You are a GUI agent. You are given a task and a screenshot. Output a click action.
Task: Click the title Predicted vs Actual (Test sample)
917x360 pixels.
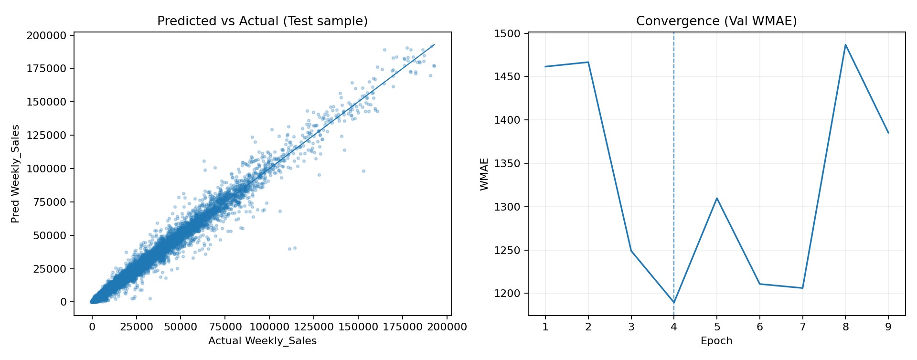click(262, 21)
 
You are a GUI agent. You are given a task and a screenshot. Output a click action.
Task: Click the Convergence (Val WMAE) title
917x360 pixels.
click(716, 21)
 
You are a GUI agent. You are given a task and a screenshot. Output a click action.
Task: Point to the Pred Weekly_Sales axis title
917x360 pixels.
click(16, 174)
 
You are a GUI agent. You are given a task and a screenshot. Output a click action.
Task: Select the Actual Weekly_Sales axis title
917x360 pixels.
click(262, 341)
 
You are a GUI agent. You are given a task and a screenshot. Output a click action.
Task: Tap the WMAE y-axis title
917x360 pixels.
click(484, 174)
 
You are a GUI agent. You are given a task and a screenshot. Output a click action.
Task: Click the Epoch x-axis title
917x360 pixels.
click(716, 341)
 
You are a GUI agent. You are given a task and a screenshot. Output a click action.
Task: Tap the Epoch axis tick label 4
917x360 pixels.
click(674, 327)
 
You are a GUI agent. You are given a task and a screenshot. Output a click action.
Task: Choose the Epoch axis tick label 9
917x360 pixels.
click(888, 327)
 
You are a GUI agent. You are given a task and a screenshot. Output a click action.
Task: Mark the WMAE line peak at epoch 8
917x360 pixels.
click(845, 45)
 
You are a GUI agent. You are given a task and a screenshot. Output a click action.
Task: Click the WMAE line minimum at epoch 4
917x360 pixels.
click(674, 303)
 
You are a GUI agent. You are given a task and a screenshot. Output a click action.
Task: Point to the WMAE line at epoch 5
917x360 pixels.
click(717, 198)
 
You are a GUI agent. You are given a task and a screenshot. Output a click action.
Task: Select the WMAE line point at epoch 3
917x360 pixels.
click(631, 251)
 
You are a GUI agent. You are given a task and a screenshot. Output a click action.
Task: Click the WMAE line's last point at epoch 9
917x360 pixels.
click(888, 133)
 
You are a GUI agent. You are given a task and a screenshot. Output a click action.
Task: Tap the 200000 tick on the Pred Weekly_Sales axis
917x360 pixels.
click(47, 35)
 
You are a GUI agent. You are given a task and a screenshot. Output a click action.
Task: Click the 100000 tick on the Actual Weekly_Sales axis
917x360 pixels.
click(269, 327)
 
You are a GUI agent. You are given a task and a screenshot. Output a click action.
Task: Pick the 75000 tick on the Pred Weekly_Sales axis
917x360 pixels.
click(50, 202)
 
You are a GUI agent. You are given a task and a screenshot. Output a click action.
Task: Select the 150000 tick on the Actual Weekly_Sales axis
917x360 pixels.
click(358, 327)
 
